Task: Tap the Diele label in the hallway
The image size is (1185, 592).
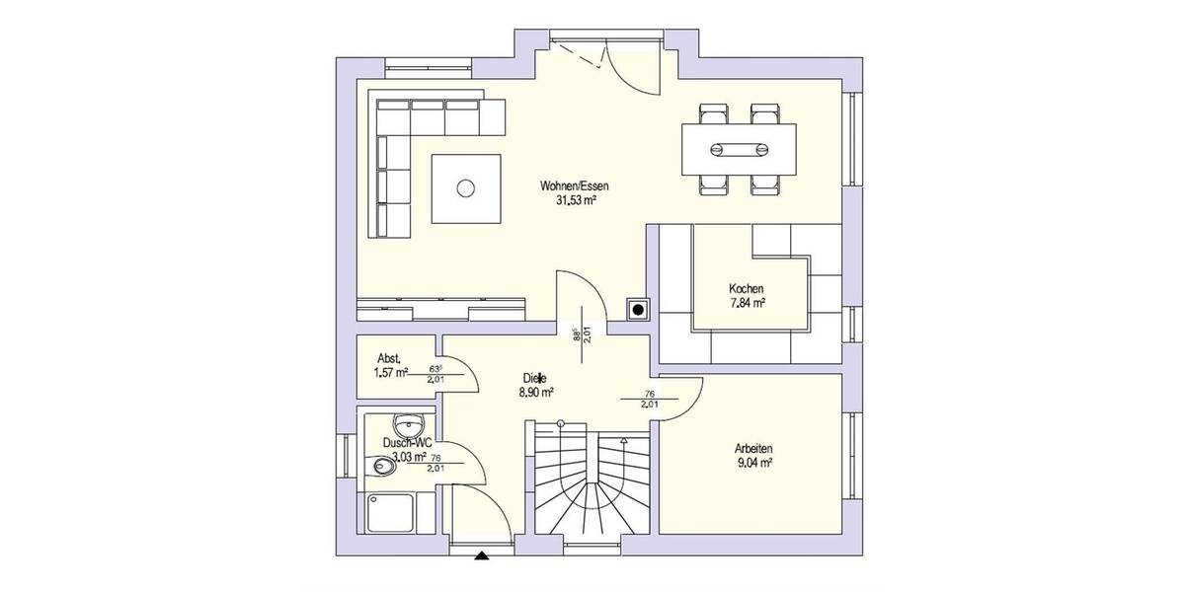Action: click(x=535, y=378)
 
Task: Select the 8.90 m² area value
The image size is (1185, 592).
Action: click(x=535, y=392)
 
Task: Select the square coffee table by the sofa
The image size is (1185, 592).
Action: click(x=465, y=186)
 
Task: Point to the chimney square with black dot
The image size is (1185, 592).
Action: click(x=639, y=310)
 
